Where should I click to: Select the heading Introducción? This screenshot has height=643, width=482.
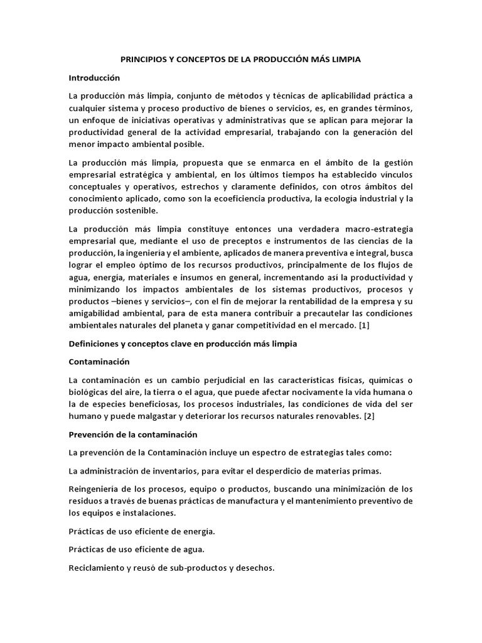point(94,78)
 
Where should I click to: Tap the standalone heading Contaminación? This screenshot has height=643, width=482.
point(99,362)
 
